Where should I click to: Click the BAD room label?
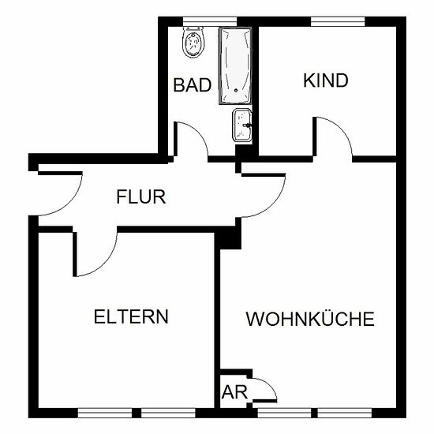click(193, 85)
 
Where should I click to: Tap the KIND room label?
click(325, 80)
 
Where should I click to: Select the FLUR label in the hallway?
click(141, 196)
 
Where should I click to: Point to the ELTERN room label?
click(131, 316)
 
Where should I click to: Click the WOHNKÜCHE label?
click(310, 318)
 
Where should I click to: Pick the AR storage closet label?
click(234, 392)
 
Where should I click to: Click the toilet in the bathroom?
click(194, 43)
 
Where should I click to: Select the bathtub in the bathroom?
click(236, 65)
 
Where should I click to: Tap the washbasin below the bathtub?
click(242, 125)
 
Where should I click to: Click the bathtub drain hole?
click(236, 90)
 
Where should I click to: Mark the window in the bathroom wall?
click(210, 21)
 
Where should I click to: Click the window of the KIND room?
click(338, 21)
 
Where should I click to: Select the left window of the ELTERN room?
click(105, 413)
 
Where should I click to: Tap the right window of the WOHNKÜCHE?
click(345, 413)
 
